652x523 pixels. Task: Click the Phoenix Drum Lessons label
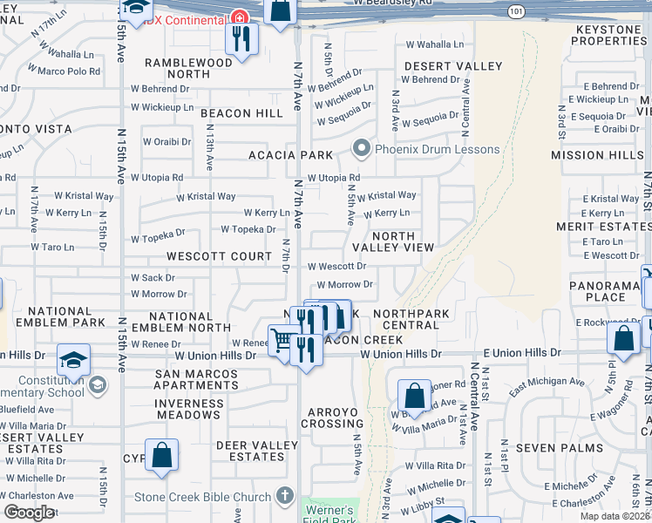pos(437,148)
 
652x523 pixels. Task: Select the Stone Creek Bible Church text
pos(202,498)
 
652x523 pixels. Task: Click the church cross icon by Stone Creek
pos(283,497)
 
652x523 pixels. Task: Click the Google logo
pos(28,513)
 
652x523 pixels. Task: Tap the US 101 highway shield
pos(515,10)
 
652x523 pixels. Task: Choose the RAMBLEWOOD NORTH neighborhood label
pos(189,68)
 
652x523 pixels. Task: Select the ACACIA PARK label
pos(291,155)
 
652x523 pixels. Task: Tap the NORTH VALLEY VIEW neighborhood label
pos(391,241)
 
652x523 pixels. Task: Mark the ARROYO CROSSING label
pos(332,417)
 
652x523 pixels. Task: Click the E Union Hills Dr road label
pos(522,352)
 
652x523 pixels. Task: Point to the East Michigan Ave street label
pos(547,382)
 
